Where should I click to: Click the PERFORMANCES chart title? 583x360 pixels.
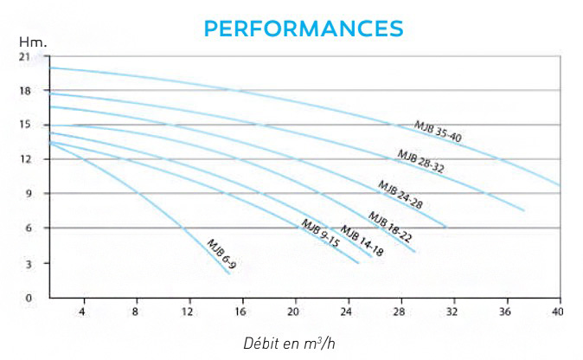click(x=291, y=29)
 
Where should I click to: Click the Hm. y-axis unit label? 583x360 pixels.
click(x=31, y=42)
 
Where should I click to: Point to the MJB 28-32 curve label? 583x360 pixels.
click(x=420, y=162)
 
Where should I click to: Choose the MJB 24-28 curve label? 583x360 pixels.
click(x=399, y=196)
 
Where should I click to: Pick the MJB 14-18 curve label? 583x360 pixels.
click(x=361, y=241)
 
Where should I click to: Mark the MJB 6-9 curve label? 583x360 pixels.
click(x=221, y=254)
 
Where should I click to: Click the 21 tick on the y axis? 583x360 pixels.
click(x=24, y=57)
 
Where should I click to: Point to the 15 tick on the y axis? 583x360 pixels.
click(x=24, y=125)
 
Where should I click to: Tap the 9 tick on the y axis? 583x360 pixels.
click(x=27, y=194)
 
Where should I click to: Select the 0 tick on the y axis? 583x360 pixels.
click(x=27, y=298)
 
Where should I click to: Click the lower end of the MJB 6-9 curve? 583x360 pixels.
click(x=230, y=273)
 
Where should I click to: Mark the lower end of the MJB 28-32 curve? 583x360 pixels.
click(x=524, y=210)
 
